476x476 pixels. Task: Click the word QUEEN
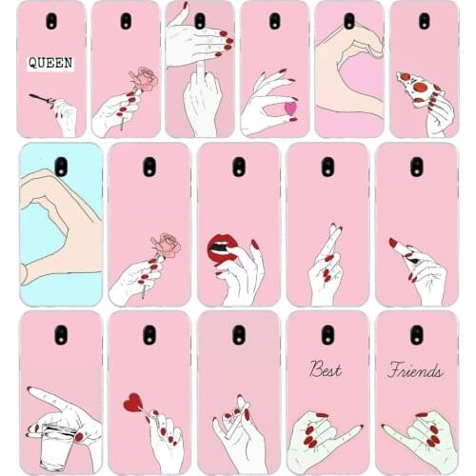[50, 63]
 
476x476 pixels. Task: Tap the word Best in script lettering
[327, 369]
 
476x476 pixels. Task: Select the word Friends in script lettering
[415, 369]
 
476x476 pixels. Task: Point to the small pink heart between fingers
[290, 108]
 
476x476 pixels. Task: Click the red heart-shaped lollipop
[132, 403]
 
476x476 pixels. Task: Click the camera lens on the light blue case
[60, 168]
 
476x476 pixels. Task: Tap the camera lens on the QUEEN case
[50, 21]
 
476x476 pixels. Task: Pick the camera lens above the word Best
[327, 335]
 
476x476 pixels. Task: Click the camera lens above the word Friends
[416, 335]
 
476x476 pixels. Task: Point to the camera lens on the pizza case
[424, 21]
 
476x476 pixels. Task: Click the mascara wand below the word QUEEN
[43, 98]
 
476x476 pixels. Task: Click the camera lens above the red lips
[238, 168]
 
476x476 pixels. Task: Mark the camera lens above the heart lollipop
[149, 335]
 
